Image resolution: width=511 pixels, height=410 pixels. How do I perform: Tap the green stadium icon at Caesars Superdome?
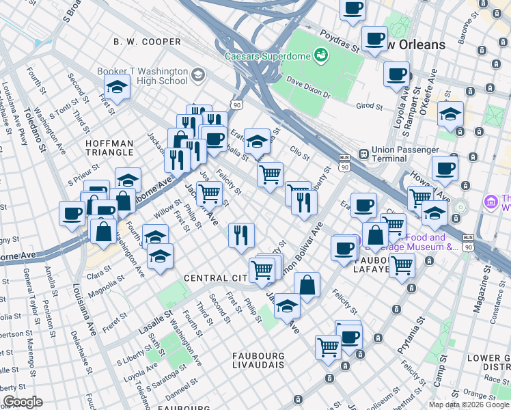[x=319, y=54]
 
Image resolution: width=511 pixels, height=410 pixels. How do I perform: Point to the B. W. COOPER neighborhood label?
[x=148, y=42]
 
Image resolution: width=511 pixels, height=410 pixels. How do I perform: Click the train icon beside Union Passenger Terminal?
[x=361, y=154]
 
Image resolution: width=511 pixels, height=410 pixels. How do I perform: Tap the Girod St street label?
[x=369, y=106]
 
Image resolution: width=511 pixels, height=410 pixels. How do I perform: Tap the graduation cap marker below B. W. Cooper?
[x=118, y=87]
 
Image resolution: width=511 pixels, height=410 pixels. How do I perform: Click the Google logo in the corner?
[x=23, y=402]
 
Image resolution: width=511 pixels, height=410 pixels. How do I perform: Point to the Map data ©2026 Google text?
[x=469, y=405]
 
